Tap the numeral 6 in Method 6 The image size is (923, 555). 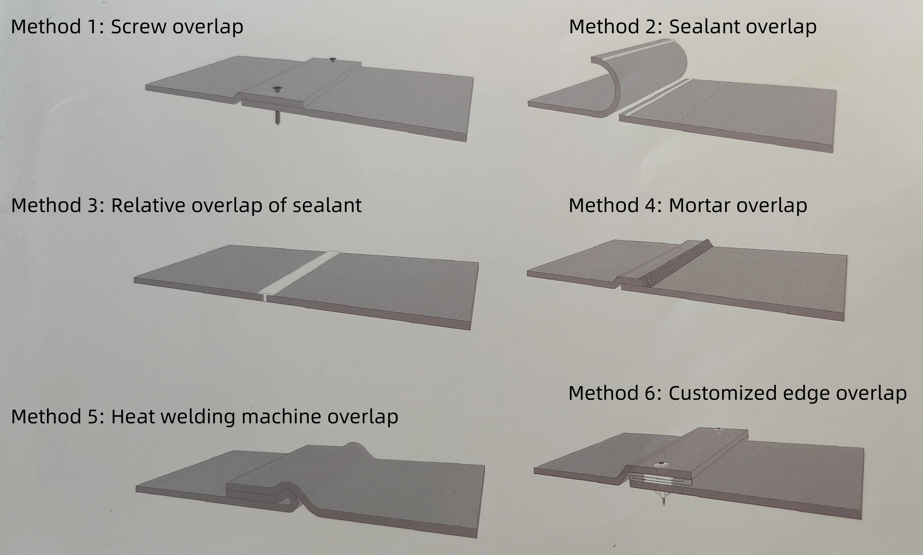coord(650,393)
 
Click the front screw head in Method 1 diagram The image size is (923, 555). coord(277,89)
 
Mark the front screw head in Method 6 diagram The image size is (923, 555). coord(661,465)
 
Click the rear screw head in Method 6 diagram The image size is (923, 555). coord(717,430)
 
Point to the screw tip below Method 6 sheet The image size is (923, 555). coord(663,501)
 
